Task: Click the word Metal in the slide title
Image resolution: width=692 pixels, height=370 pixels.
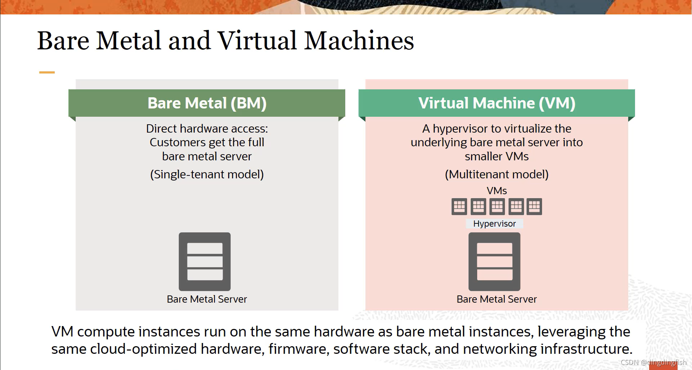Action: (x=128, y=40)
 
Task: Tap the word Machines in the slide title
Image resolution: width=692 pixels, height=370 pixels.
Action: (x=359, y=40)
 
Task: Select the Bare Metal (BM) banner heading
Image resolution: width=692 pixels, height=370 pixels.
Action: (x=207, y=103)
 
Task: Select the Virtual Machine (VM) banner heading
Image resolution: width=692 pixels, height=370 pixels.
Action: (x=497, y=103)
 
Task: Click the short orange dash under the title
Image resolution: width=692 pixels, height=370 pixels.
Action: (x=47, y=72)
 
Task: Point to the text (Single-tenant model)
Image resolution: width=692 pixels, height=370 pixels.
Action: (x=207, y=174)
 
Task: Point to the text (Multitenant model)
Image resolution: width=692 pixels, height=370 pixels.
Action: (x=497, y=174)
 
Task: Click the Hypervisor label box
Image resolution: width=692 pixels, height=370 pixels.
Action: (x=494, y=224)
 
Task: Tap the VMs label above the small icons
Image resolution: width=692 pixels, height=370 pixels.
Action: (x=497, y=191)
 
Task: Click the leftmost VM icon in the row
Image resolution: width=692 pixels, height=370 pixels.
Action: (x=459, y=207)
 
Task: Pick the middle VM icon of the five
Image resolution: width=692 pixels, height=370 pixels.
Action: (x=497, y=207)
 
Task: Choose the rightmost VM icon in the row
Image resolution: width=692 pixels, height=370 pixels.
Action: (x=534, y=207)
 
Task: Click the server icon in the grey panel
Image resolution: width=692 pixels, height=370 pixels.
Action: (x=205, y=262)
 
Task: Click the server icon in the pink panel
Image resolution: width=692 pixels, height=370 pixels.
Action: (x=494, y=262)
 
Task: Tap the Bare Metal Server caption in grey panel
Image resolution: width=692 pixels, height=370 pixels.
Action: (x=207, y=299)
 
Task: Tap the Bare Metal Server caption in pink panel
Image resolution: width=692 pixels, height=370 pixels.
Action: (x=497, y=299)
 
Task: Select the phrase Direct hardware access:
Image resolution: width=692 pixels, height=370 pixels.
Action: (x=207, y=129)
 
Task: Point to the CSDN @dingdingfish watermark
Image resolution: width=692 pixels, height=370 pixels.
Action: (x=653, y=362)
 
